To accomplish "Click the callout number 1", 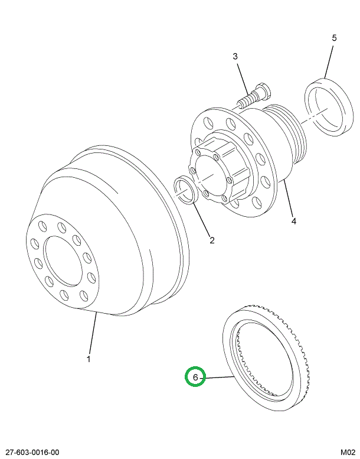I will (x=89, y=359).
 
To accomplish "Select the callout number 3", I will (x=235, y=57).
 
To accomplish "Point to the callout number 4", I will (x=293, y=222).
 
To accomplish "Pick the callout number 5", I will (x=334, y=38).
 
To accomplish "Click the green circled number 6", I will (x=195, y=376).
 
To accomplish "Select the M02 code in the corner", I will (x=348, y=452).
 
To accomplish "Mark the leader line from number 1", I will (x=93, y=334).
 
